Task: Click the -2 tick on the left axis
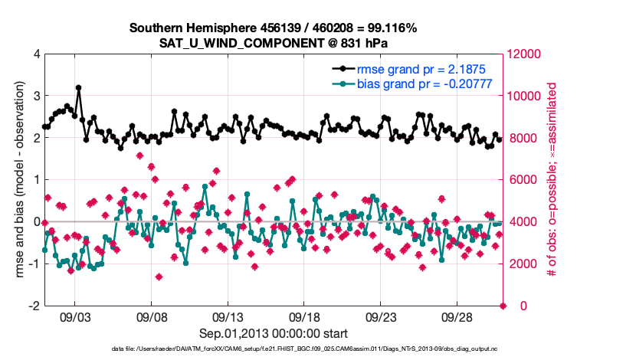[x=34, y=306]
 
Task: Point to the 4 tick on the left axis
[x=37, y=54]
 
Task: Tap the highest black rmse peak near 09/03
[x=78, y=88]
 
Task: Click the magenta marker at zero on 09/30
[x=503, y=306]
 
